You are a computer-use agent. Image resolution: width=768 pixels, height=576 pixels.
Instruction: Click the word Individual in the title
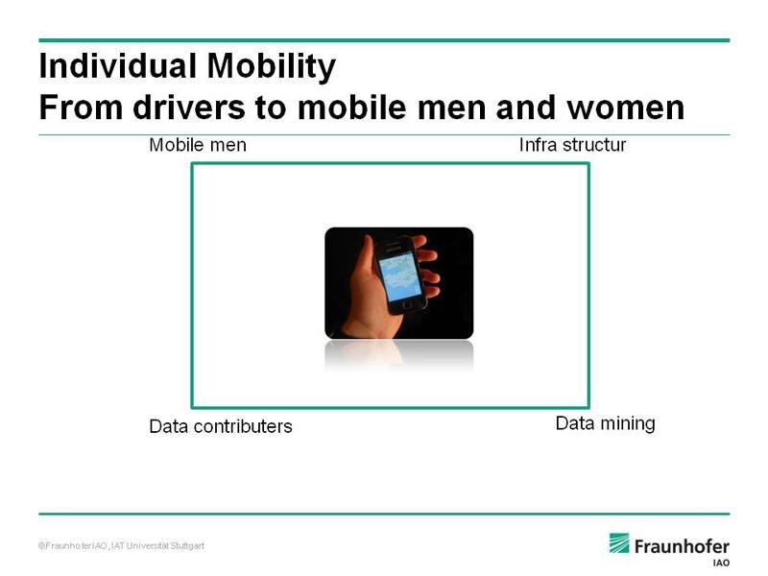point(117,65)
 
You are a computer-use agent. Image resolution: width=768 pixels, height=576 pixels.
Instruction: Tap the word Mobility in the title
point(272,67)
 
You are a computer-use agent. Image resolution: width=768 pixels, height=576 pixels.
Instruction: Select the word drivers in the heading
point(188,108)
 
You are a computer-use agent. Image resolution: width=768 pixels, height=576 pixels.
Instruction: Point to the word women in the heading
point(626,108)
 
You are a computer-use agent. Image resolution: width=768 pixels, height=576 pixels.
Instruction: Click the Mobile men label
point(198,145)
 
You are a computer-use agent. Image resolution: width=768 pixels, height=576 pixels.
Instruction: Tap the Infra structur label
point(572,145)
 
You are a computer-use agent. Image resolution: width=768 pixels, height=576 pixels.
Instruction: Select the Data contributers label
point(221,426)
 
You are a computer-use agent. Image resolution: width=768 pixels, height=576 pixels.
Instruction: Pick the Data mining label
point(605,423)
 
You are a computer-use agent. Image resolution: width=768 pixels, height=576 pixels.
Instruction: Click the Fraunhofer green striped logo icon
point(619,543)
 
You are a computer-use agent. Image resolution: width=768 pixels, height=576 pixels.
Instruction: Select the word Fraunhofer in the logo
point(682,546)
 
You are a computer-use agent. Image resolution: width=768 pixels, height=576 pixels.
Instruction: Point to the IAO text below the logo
point(721,563)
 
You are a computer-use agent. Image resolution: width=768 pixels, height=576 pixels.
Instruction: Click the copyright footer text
point(121,545)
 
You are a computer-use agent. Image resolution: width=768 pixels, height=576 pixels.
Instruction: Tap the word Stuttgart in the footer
point(187,545)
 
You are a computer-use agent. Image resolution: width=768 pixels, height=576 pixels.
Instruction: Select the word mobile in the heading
point(351,108)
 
